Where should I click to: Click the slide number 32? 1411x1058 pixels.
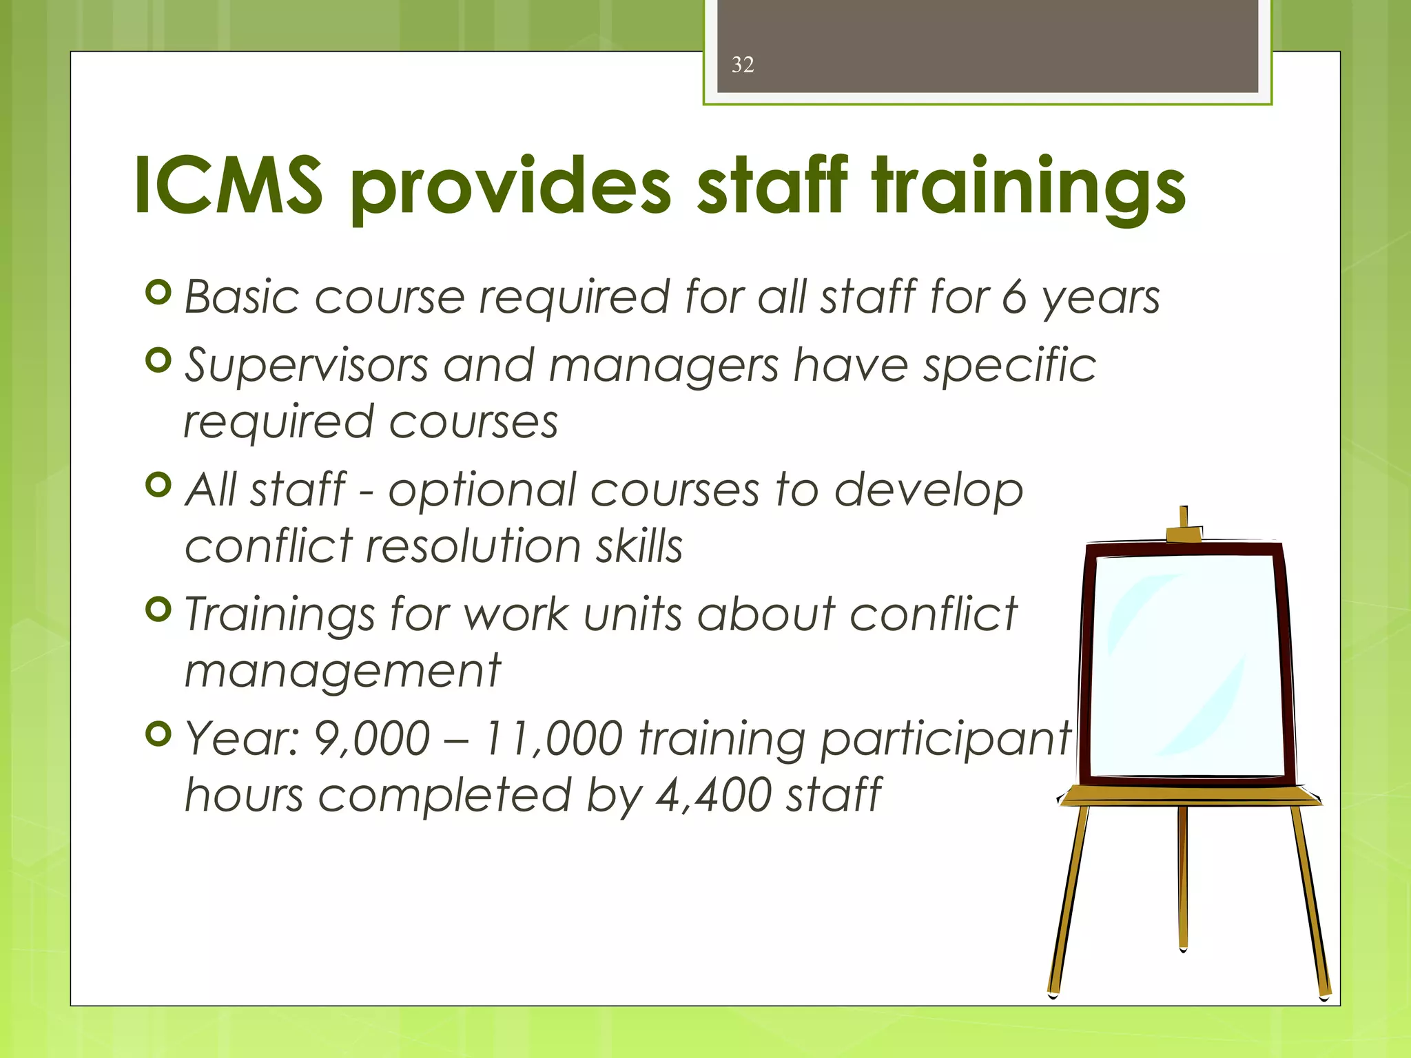click(743, 65)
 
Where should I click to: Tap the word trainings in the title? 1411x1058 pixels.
click(1028, 187)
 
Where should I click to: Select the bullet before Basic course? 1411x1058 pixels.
click(159, 292)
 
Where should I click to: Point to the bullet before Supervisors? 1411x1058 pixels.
click(159, 360)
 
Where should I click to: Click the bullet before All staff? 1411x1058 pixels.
click(159, 485)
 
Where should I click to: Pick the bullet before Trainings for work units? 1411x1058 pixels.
click(159, 609)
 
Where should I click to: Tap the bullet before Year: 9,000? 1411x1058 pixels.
click(159, 734)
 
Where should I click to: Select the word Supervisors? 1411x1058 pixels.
click(307, 365)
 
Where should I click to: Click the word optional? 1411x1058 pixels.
click(482, 490)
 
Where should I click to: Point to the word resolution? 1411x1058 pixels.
click(473, 546)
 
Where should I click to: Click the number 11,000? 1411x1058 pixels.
click(553, 739)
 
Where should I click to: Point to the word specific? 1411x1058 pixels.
click(1010, 365)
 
